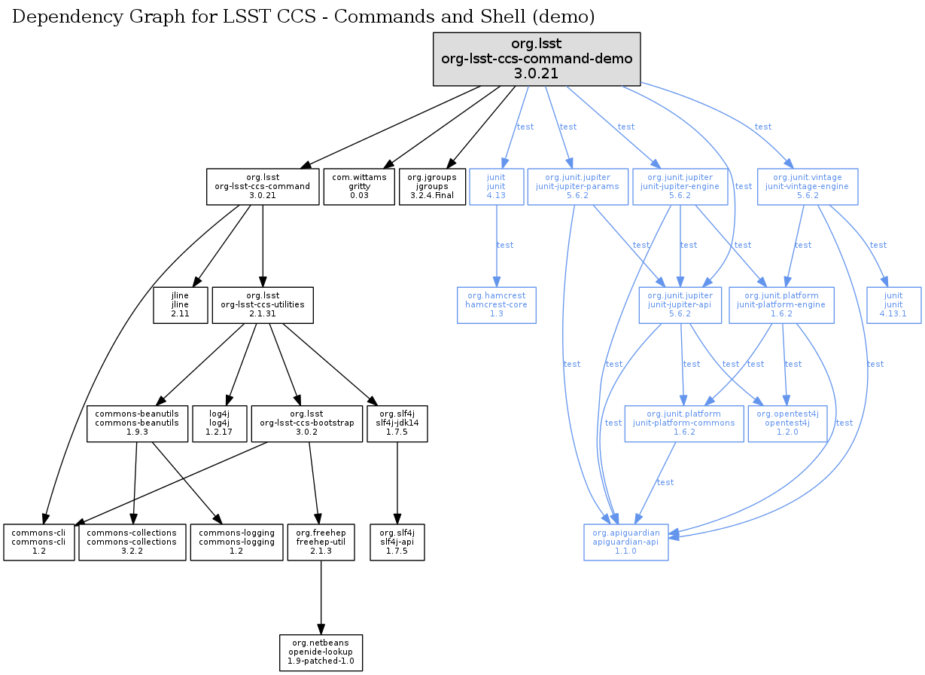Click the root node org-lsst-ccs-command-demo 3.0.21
tap(536, 58)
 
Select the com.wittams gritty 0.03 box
tap(359, 186)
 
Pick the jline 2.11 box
tap(180, 305)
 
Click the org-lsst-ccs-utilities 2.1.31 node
tap(262, 305)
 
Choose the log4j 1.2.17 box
tap(217, 423)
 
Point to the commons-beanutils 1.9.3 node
tap(137, 423)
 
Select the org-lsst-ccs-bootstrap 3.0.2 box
tap(306, 423)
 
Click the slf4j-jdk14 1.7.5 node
tap(397, 423)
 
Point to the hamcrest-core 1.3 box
tap(496, 305)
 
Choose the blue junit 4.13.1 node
tap(893, 305)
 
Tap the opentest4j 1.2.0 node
tap(787, 423)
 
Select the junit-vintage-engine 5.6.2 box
tap(807, 186)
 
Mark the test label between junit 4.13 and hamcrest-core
tap(505, 245)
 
